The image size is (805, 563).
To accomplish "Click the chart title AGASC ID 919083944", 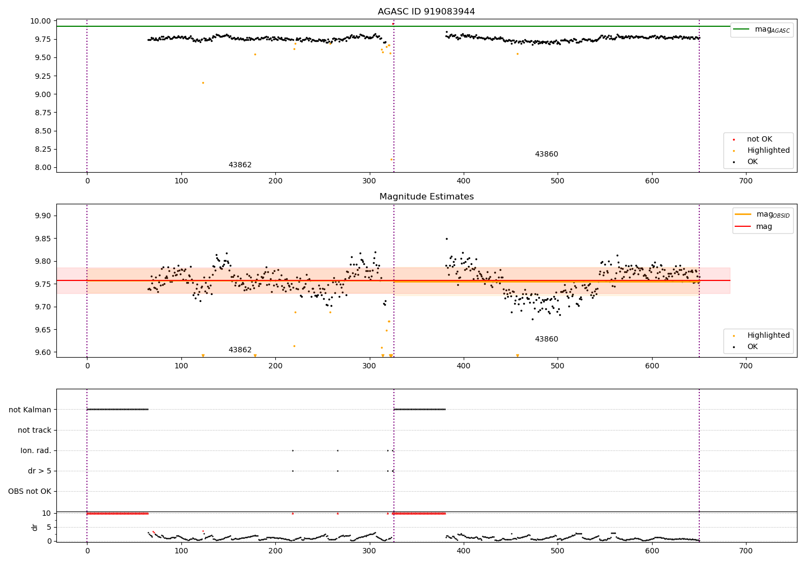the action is (x=426, y=11).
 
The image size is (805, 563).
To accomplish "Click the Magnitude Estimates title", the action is (x=427, y=196).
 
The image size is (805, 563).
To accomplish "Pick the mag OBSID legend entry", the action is (x=762, y=214).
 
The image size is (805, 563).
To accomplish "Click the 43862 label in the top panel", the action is (x=240, y=165).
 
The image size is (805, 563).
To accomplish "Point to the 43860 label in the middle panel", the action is (x=546, y=339).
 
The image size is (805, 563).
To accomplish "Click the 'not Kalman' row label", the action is (x=30, y=410).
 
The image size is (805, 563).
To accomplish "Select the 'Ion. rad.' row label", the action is (x=35, y=450).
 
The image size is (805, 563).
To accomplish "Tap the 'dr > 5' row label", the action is (x=40, y=471).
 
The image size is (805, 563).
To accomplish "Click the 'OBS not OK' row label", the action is (x=30, y=491).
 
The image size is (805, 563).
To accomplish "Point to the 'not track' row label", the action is (x=34, y=430).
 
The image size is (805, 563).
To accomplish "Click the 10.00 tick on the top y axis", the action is (x=40, y=21).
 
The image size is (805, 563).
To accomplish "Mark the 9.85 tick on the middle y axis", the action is (x=43, y=239).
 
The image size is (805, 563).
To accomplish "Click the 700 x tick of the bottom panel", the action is (x=746, y=551).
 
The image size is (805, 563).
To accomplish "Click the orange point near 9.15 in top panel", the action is (x=203, y=83).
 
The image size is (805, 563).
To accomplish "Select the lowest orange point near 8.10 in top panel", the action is (x=391, y=159).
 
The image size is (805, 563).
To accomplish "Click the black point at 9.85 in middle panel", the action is (x=447, y=239).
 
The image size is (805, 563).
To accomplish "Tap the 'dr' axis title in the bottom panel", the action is (x=34, y=527).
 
